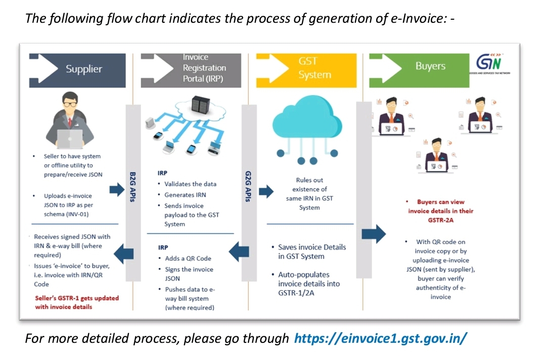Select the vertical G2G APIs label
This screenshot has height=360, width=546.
(248, 187)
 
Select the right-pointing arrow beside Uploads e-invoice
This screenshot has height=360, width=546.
(116, 190)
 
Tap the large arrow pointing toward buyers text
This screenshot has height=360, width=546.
(374, 233)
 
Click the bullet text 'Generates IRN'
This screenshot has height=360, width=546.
(185, 195)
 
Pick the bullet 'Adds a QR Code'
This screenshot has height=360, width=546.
(188, 258)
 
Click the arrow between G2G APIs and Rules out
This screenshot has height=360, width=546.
(266, 192)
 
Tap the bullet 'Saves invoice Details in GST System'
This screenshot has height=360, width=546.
(311, 252)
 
